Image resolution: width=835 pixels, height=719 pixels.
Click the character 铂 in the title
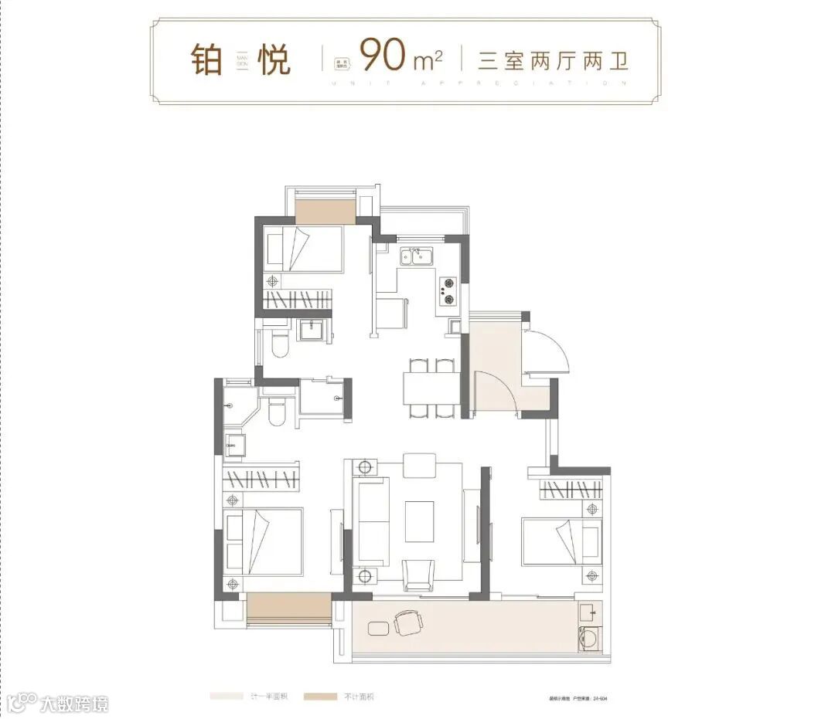click(x=206, y=61)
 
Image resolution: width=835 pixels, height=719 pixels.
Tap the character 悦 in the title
click(x=274, y=61)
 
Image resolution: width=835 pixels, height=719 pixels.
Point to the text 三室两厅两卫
click(x=552, y=60)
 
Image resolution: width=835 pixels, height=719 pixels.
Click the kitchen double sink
click(x=417, y=256)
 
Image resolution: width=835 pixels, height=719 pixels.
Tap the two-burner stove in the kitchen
click(x=448, y=287)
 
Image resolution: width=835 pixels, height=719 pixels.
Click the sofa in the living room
click(x=371, y=521)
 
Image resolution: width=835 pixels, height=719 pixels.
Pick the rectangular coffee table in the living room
click(x=420, y=521)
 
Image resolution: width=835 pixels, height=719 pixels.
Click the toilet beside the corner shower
click(x=277, y=411)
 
